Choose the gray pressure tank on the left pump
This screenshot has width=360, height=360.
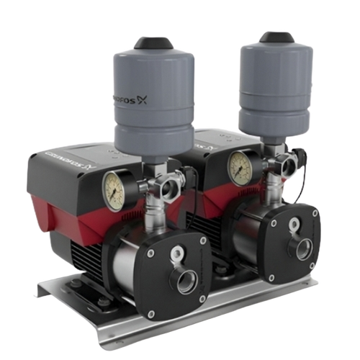pyautogui.click(x=154, y=101)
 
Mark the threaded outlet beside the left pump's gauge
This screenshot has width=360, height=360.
pyautogui.click(x=170, y=192)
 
